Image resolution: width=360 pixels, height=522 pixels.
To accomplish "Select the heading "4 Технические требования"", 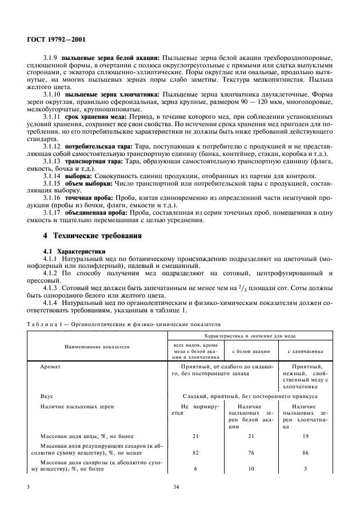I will pos(92,235).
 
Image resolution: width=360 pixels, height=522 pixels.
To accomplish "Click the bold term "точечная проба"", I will pos(90,196).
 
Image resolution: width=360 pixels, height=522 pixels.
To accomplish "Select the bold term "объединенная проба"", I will pos(95,211).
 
